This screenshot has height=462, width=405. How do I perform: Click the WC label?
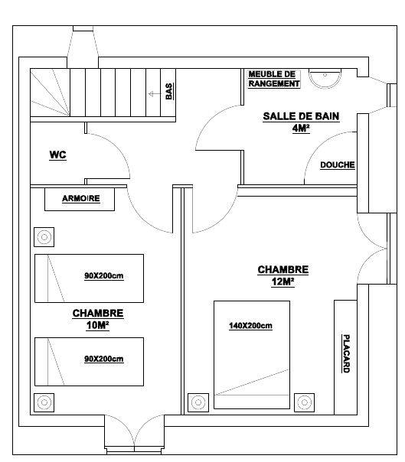tap(58, 155)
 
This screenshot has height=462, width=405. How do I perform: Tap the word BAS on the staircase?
tap(168, 91)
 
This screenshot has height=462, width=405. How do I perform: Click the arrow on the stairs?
tap(155, 94)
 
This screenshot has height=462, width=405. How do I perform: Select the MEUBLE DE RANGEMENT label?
tap(274, 79)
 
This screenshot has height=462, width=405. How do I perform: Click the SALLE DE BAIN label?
tap(301, 116)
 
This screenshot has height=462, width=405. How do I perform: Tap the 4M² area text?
tap(301, 129)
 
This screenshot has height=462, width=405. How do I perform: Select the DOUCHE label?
tap(338, 164)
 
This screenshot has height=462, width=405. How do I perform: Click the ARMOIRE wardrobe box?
tap(80, 199)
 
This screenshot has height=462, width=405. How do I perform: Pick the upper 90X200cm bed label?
tap(104, 276)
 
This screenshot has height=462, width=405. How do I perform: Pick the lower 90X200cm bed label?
tap(104, 359)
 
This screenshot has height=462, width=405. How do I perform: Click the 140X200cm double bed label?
tap(250, 326)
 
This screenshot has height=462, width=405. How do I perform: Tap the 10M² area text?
tap(98, 325)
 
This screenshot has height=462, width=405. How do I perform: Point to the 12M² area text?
tap(283, 281)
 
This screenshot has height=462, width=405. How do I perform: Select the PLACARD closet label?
tap(346, 353)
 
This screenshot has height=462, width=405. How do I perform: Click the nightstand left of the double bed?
tap(198, 402)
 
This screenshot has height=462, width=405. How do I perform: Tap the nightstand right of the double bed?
tap(304, 402)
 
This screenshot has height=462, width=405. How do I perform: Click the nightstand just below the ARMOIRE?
tap(44, 237)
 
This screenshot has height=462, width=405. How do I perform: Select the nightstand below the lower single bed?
tap(44, 402)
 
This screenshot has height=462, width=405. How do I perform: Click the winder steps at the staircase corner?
tap(50, 93)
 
